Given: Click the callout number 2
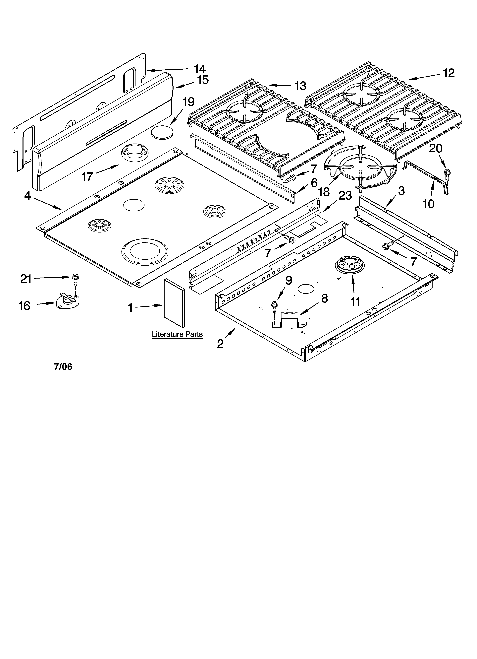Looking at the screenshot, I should (221, 344).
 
